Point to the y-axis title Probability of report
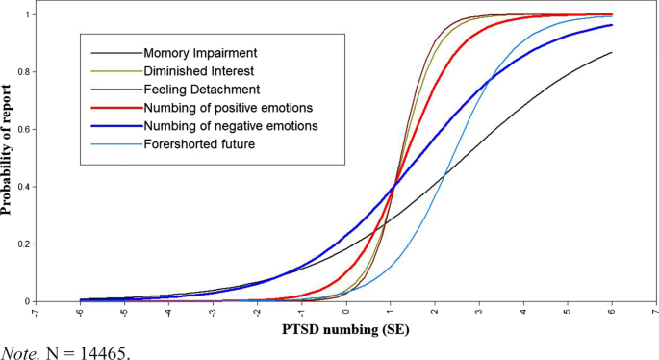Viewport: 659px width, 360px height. pyautogui.click(x=9, y=158)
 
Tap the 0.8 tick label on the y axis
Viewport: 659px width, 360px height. pyautogui.click(x=22, y=72)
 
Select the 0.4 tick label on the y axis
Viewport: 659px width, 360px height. pyautogui.click(x=22, y=187)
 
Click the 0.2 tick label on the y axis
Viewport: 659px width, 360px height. pyautogui.click(x=22, y=244)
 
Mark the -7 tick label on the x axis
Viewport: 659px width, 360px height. pyautogui.click(x=35, y=313)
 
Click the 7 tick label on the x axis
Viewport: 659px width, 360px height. pyautogui.click(x=655, y=313)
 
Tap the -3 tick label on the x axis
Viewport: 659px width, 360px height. pyautogui.click(x=212, y=313)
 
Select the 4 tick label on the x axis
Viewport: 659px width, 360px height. pyautogui.click(x=522, y=313)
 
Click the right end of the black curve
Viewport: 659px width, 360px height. pyautogui.click(x=611, y=53)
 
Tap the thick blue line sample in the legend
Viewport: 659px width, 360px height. pyautogui.click(x=114, y=126)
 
